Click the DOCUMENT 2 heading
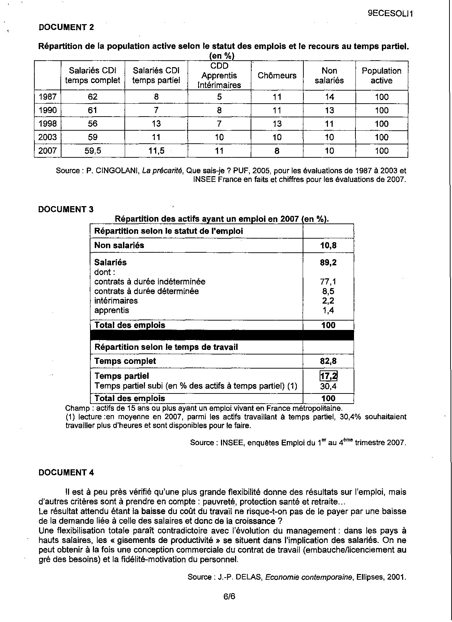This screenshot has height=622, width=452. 66,27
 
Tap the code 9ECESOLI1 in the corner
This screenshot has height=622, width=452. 390,14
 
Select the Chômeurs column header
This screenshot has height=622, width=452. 277,75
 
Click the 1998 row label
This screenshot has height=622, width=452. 48,124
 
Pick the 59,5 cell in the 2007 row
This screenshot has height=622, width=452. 93,151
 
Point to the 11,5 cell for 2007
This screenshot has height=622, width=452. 156,151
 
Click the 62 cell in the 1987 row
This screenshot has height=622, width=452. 93,97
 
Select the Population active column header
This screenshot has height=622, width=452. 381,75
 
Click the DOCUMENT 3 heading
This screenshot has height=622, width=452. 66,209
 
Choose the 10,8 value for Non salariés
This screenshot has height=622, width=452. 328,245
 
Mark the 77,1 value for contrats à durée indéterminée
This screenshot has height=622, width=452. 328,282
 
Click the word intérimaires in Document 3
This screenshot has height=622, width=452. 116,301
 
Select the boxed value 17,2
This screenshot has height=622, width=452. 328,376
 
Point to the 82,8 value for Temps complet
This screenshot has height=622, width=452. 328,361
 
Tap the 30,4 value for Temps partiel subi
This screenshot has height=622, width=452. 328,386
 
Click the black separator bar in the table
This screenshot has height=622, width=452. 222,335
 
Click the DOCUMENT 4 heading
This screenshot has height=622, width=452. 66,473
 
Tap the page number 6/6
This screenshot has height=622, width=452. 229,596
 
